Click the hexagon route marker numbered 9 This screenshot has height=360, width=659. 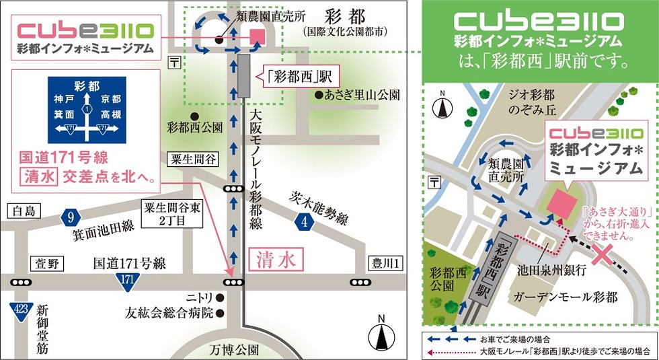[x=71, y=217]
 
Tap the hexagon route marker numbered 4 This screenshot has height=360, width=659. [x=304, y=221]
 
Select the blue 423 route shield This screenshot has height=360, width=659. [x=21, y=311]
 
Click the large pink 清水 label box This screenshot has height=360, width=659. [x=276, y=259]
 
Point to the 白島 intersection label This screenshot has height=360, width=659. [x=24, y=211]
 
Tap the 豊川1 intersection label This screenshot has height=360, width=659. [x=385, y=263]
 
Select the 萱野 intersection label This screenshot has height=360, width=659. [x=47, y=264]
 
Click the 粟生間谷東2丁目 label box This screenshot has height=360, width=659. [x=172, y=214]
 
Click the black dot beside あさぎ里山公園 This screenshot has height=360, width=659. [x=319, y=95]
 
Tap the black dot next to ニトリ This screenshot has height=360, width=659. [x=219, y=297]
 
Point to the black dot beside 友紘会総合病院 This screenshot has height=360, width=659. [x=219, y=314]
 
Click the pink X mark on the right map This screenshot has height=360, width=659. [x=602, y=255]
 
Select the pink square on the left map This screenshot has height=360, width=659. [x=257, y=36]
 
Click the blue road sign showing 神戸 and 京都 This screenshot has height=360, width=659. [x=87, y=110]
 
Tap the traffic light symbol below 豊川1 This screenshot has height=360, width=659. [x=360, y=282]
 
